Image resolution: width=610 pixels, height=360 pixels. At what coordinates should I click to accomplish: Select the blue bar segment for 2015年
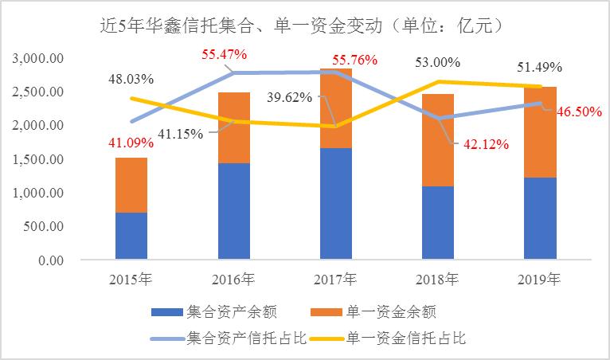pyautogui.click(x=131, y=236)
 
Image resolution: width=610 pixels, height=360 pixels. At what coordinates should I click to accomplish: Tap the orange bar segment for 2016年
pyautogui.click(x=235, y=127)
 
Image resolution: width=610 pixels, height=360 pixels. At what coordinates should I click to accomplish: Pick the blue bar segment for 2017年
pyautogui.click(x=337, y=203)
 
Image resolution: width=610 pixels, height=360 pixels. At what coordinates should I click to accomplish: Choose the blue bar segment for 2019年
pyautogui.click(x=541, y=218)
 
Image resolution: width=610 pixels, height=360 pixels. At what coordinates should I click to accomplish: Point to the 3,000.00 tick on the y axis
pyautogui.click(x=41, y=58)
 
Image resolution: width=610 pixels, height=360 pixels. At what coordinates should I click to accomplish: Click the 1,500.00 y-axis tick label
pyautogui.click(x=41, y=159)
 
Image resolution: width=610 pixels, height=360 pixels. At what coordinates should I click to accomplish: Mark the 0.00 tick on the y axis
pyautogui.click(x=52, y=260)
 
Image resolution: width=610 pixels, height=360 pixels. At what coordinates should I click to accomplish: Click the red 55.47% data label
pyautogui.click(x=225, y=55)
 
